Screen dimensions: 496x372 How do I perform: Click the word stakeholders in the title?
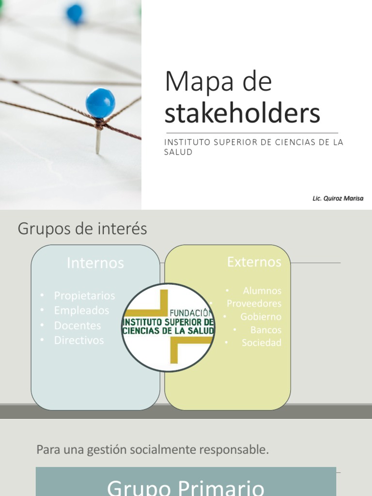click(242, 113)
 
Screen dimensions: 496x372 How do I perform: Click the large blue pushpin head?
click(100, 103)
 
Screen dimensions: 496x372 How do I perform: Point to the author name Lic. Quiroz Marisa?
click(338, 199)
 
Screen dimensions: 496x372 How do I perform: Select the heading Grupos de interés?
click(82, 229)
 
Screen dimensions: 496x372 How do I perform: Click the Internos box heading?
click(95, 263)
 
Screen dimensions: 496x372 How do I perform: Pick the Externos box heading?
click(254, 262)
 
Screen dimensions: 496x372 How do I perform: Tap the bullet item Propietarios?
click(84, 295)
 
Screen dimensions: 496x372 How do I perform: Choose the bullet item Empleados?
click(81, 310)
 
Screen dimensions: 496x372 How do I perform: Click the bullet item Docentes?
click(77, 325)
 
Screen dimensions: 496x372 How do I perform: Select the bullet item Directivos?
click(79, 341)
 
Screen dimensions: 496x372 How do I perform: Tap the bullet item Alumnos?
click(262, 291)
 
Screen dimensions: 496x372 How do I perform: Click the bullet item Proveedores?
click(254, 304)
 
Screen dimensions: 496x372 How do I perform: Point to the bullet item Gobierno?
click(261, 317)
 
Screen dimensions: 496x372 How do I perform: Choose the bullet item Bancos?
click(266, 330)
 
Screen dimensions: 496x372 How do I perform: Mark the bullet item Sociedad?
click(262, 343)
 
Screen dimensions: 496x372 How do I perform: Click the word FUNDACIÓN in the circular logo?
click(191, 313)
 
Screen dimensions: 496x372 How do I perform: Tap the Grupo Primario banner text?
click(186, 486)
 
